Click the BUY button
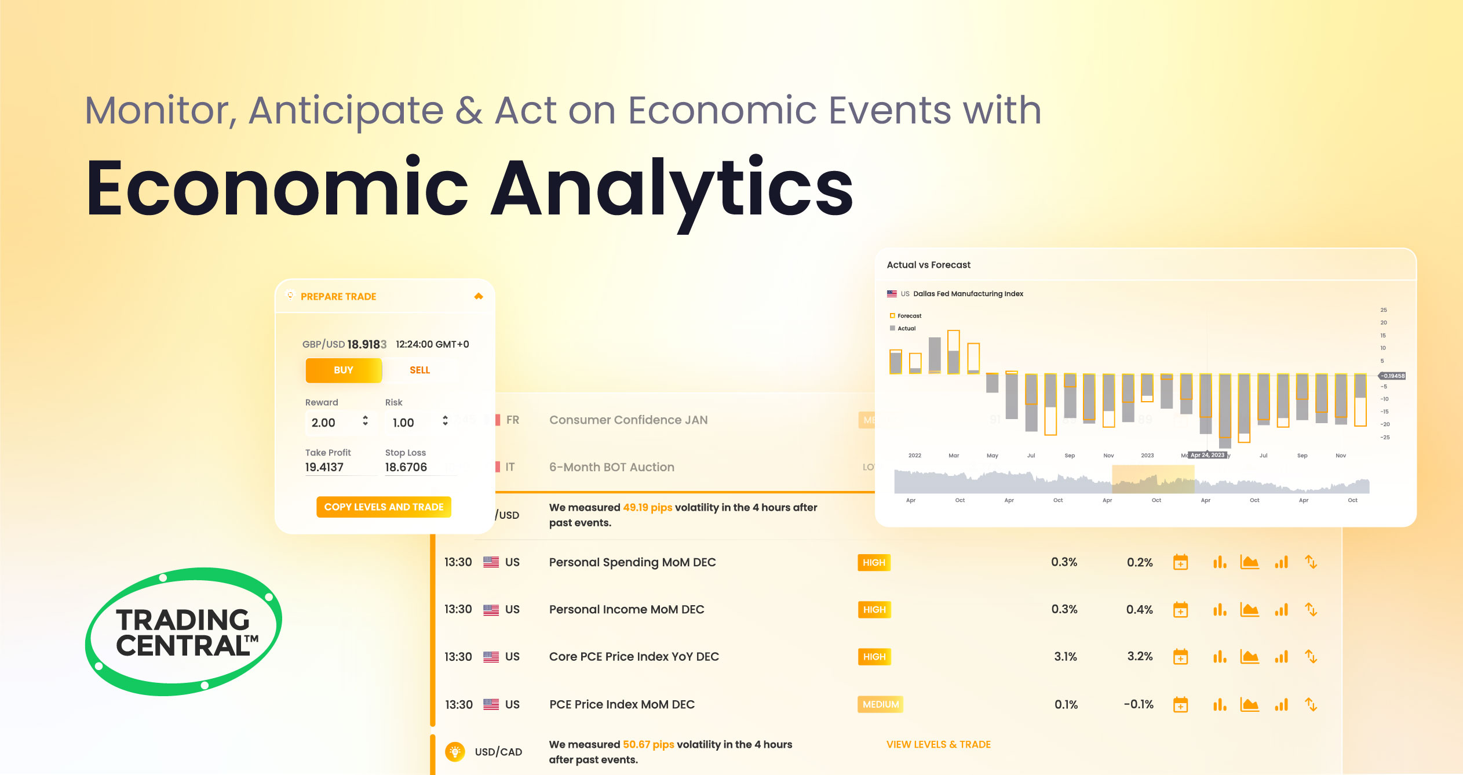pos(344,370)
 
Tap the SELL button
pos(419,370)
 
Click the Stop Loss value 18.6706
pos(406,467)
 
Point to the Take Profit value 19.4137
pos(324,467)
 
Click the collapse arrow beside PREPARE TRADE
pos(479,296)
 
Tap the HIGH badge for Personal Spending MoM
pos(874,562)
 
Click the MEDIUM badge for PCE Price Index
pos(880,704)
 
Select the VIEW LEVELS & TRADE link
pos(938,744)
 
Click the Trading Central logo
pos(184,632)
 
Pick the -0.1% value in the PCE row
pos(1139,704)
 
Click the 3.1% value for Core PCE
pos(1065,657)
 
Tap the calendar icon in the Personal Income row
pos(1180,610)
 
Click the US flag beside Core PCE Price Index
pos(491,657)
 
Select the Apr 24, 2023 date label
pos(1207,455)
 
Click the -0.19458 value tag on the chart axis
pos(1393,376)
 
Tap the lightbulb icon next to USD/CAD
pos(455,752)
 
